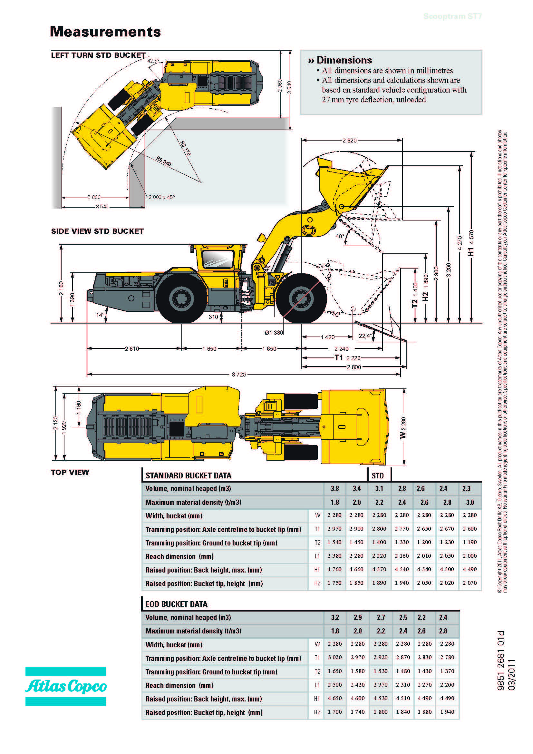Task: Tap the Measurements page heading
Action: pos(105,32)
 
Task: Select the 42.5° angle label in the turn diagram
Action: pos(153,61)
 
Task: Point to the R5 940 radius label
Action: pos(164,161)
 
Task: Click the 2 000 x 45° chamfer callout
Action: pos(162,197)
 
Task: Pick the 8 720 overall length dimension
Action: pos(238,374)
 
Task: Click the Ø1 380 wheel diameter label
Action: pos(274,332)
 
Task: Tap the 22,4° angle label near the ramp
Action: pos(365,336)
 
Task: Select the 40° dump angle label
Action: pos(340,236)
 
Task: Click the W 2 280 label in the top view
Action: pos(403,427)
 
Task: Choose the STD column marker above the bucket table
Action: pos(377,475)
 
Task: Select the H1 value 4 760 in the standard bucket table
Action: pos(334,569)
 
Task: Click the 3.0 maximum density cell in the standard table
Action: pos(470,502)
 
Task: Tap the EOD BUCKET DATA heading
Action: pos(177,604)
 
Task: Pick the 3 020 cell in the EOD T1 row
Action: pos(335,657)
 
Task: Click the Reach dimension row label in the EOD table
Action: pos(179,685)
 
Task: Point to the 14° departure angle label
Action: pos(100,315)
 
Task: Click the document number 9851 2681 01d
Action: pos(501,660)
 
